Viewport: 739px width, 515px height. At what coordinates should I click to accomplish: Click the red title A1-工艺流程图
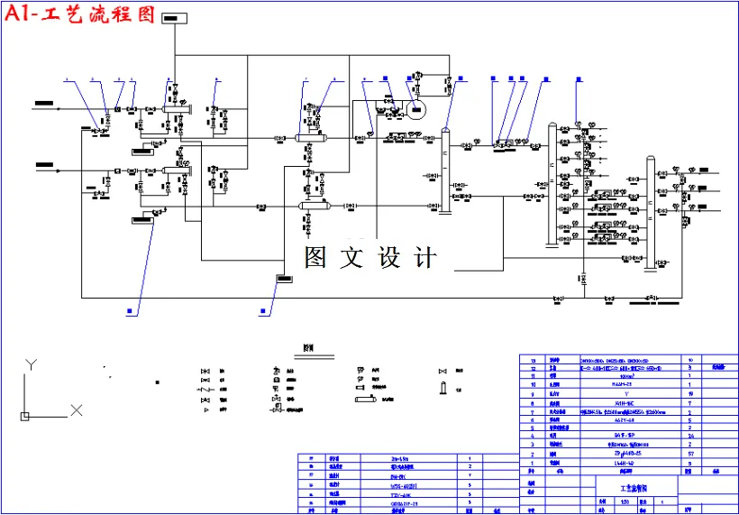pyautogui.click(x=79, y=15)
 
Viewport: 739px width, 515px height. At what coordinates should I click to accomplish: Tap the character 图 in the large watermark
pyautogui.click(x=315, y=258)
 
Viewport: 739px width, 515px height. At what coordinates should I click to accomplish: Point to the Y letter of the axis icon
pyautogui.click(x=30, y=364)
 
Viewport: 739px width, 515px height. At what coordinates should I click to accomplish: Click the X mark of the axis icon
pyautogui.click(x=77, y=410)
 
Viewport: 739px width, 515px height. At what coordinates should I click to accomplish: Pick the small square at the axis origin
pyautogui.click(x=24, y=416)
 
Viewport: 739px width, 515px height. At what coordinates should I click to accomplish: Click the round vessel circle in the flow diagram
pyautogui.click(x=415, y=112)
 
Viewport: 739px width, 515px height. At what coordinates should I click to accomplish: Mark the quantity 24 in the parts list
pyautogui.click(x=690, y=437)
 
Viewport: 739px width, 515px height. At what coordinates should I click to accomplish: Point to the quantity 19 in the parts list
pyautogui.click(x=690, y=393)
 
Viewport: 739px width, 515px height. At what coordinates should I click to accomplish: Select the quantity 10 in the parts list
pyautogui.click(x=690, y=359)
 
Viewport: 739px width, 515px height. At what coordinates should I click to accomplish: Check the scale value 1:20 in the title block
pyautogui.click(x=626, y=501)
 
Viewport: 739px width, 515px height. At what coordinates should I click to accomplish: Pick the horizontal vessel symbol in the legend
pyautogui.click(x=368, y=398)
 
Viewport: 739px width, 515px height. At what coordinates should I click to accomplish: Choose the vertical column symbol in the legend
pyautogui.click(x=442, y=389)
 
